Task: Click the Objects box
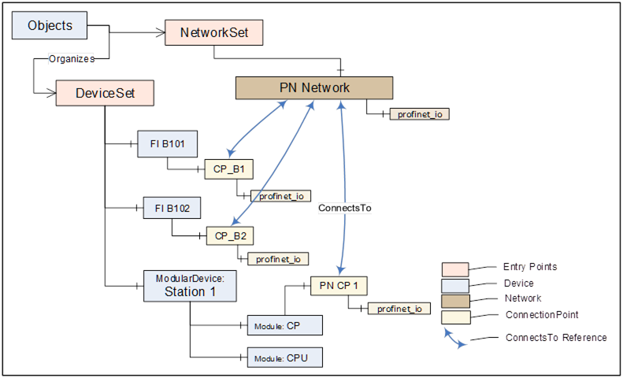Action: tap(50, 26)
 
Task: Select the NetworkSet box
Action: tap(213, 33)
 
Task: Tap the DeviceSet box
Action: tap(104, 94)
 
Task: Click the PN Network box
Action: tap(314, 87)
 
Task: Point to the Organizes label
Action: tap(72, 58)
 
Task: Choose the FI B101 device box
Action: tap(166, 144)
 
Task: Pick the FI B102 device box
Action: tap(172, 208)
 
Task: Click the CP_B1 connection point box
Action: tap(229, 169)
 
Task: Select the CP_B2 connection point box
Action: tap(231, 235)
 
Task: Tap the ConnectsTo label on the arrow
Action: tap(344, 208)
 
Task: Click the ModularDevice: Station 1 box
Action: tap(190, 286)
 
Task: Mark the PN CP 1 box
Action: tap(339, 285)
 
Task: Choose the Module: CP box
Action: tap(284, 325)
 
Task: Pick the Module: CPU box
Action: tap(284, 358)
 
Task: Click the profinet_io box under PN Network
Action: tap(420, 114)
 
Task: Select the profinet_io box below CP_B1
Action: tap(280, 195)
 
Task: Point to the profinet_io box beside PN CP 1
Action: tap(399, 309)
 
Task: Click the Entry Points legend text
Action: tap(530, 267)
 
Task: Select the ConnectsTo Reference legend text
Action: tap(556, 338)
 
